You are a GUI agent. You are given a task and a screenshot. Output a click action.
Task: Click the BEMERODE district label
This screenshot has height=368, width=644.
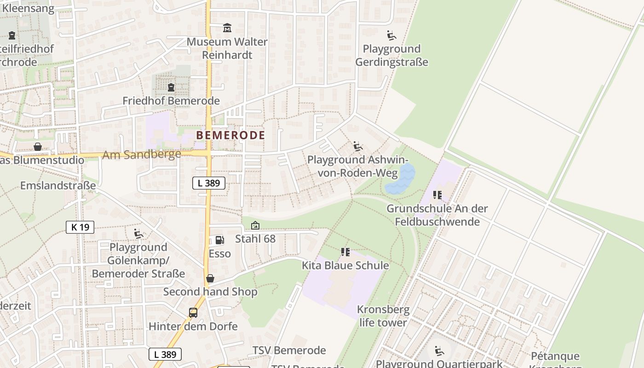pyautogui.click(x=230, y=135)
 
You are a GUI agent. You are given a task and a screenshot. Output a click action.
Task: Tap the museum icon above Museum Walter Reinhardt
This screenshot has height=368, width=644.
pyautogui.click(x=227, y=29)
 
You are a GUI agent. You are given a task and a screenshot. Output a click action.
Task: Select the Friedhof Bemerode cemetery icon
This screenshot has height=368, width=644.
pyautogui.click(x=171, y=87)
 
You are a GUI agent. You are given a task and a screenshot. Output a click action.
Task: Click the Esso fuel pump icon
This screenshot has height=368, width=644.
pyautogui.click(x=219, y=240)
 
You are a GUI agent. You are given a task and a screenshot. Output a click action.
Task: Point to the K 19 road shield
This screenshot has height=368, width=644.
pyautogui.click(x=80, y=227)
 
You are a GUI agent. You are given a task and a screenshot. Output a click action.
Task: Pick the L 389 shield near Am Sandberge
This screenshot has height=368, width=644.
pyautogui.click(x=209, y=183)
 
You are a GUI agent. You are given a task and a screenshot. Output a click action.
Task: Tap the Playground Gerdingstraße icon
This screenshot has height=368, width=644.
pyautogui.click(x=391, y=35)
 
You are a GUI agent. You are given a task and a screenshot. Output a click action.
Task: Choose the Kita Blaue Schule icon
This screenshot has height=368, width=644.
pyautogui.click(x=345, y=252)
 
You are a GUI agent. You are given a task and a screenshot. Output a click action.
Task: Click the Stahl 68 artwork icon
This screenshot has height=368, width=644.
pyautogui.click(x=255, y=225)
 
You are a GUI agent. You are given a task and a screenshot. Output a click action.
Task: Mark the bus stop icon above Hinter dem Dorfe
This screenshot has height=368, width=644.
pyautogui.click(x=193, y=313)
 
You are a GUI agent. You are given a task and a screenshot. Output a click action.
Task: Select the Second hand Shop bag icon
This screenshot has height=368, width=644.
pyautogui.click(x=210, y=278)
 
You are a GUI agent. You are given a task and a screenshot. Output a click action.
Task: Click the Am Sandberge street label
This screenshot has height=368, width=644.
pyautogui.click(x=142, y=155)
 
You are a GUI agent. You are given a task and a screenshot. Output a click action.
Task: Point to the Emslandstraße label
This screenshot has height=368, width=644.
pyautogui.click(x=58, y=185)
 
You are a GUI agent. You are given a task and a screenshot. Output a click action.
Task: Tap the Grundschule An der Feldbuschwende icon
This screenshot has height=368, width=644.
pyautogui.click(x=437, y=195)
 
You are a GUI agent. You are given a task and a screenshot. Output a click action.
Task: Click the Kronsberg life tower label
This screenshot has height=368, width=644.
pyautogui.click(x=383, y=316)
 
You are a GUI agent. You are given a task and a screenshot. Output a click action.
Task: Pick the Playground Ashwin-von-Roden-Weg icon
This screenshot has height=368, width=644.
pyautogui.click(x=358, y=147)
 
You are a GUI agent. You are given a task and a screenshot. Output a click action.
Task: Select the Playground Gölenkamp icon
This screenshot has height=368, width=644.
pyautogui.click(x=138, y=234)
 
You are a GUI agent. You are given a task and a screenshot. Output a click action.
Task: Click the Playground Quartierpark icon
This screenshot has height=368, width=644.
pyautogui.click(x=439, y=351)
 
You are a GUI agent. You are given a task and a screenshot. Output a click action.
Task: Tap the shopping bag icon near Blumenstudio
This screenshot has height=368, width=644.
pyautogui.click(x=38, y=147)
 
